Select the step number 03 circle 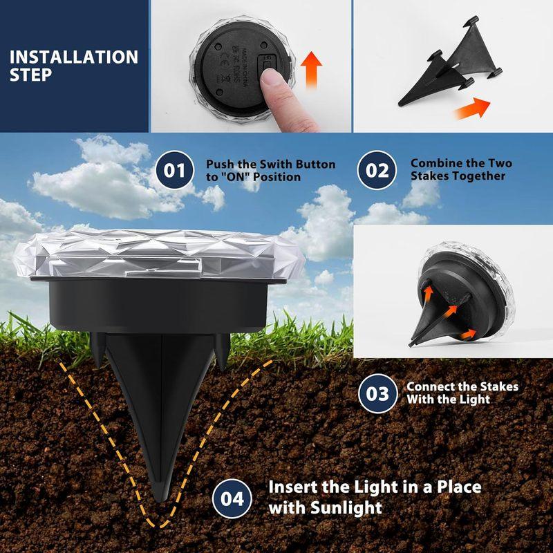tap(377, 393)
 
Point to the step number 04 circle tap(232, 497)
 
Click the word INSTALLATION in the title tap(74, 57)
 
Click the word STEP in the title tap(30, 75)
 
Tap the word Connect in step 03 tap(431, 387)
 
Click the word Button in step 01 tap(313, 165)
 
